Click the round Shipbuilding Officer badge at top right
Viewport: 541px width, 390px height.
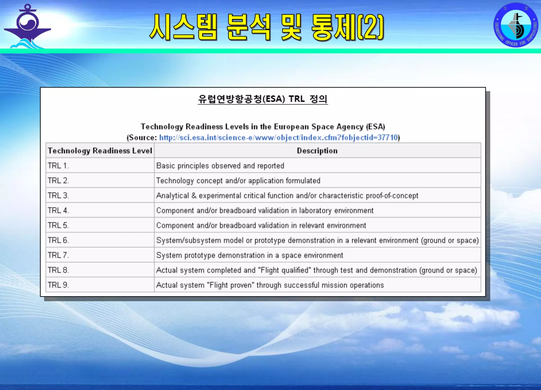[516, 25]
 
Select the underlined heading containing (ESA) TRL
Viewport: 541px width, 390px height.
[263, 99]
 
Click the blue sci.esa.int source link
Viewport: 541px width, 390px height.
[278, 138]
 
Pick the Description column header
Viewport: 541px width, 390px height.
[317, 151]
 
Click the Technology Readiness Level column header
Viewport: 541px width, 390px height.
[100, 151]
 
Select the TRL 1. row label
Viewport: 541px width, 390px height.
[58, 166]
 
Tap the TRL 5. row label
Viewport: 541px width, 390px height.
[58, 225]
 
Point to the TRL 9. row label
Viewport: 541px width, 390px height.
[58, 285]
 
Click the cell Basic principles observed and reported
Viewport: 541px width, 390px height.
[220, 166]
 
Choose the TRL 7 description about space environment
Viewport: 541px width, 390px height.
[249, 255]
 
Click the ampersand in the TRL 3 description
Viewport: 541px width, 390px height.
[194, 196]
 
